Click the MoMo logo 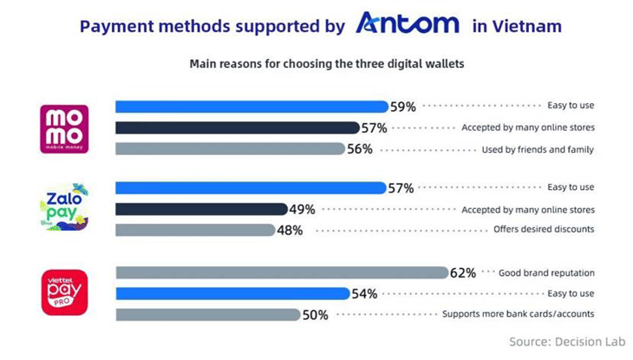tap(64, 128)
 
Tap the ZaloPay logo tap(64, 209)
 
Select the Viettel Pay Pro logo tap(64, 292)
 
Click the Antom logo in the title tap(408, 24)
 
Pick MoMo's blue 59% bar tap(251, 107)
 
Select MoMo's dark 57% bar tap(237, 128)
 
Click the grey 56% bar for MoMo tap(230, 148)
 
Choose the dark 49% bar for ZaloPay tap(201, 209)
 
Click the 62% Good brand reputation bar tap(282, 272)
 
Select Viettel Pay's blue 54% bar tap(232, 293)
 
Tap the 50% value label tap(315, 315)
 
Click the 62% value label tap(463, 272)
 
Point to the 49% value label tap(302, 209)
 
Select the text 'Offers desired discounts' tap(543, 230)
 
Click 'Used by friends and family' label tap(538, 149)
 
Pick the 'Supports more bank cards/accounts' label tap(518, 314)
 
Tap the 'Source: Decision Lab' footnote tap(566, 341)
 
